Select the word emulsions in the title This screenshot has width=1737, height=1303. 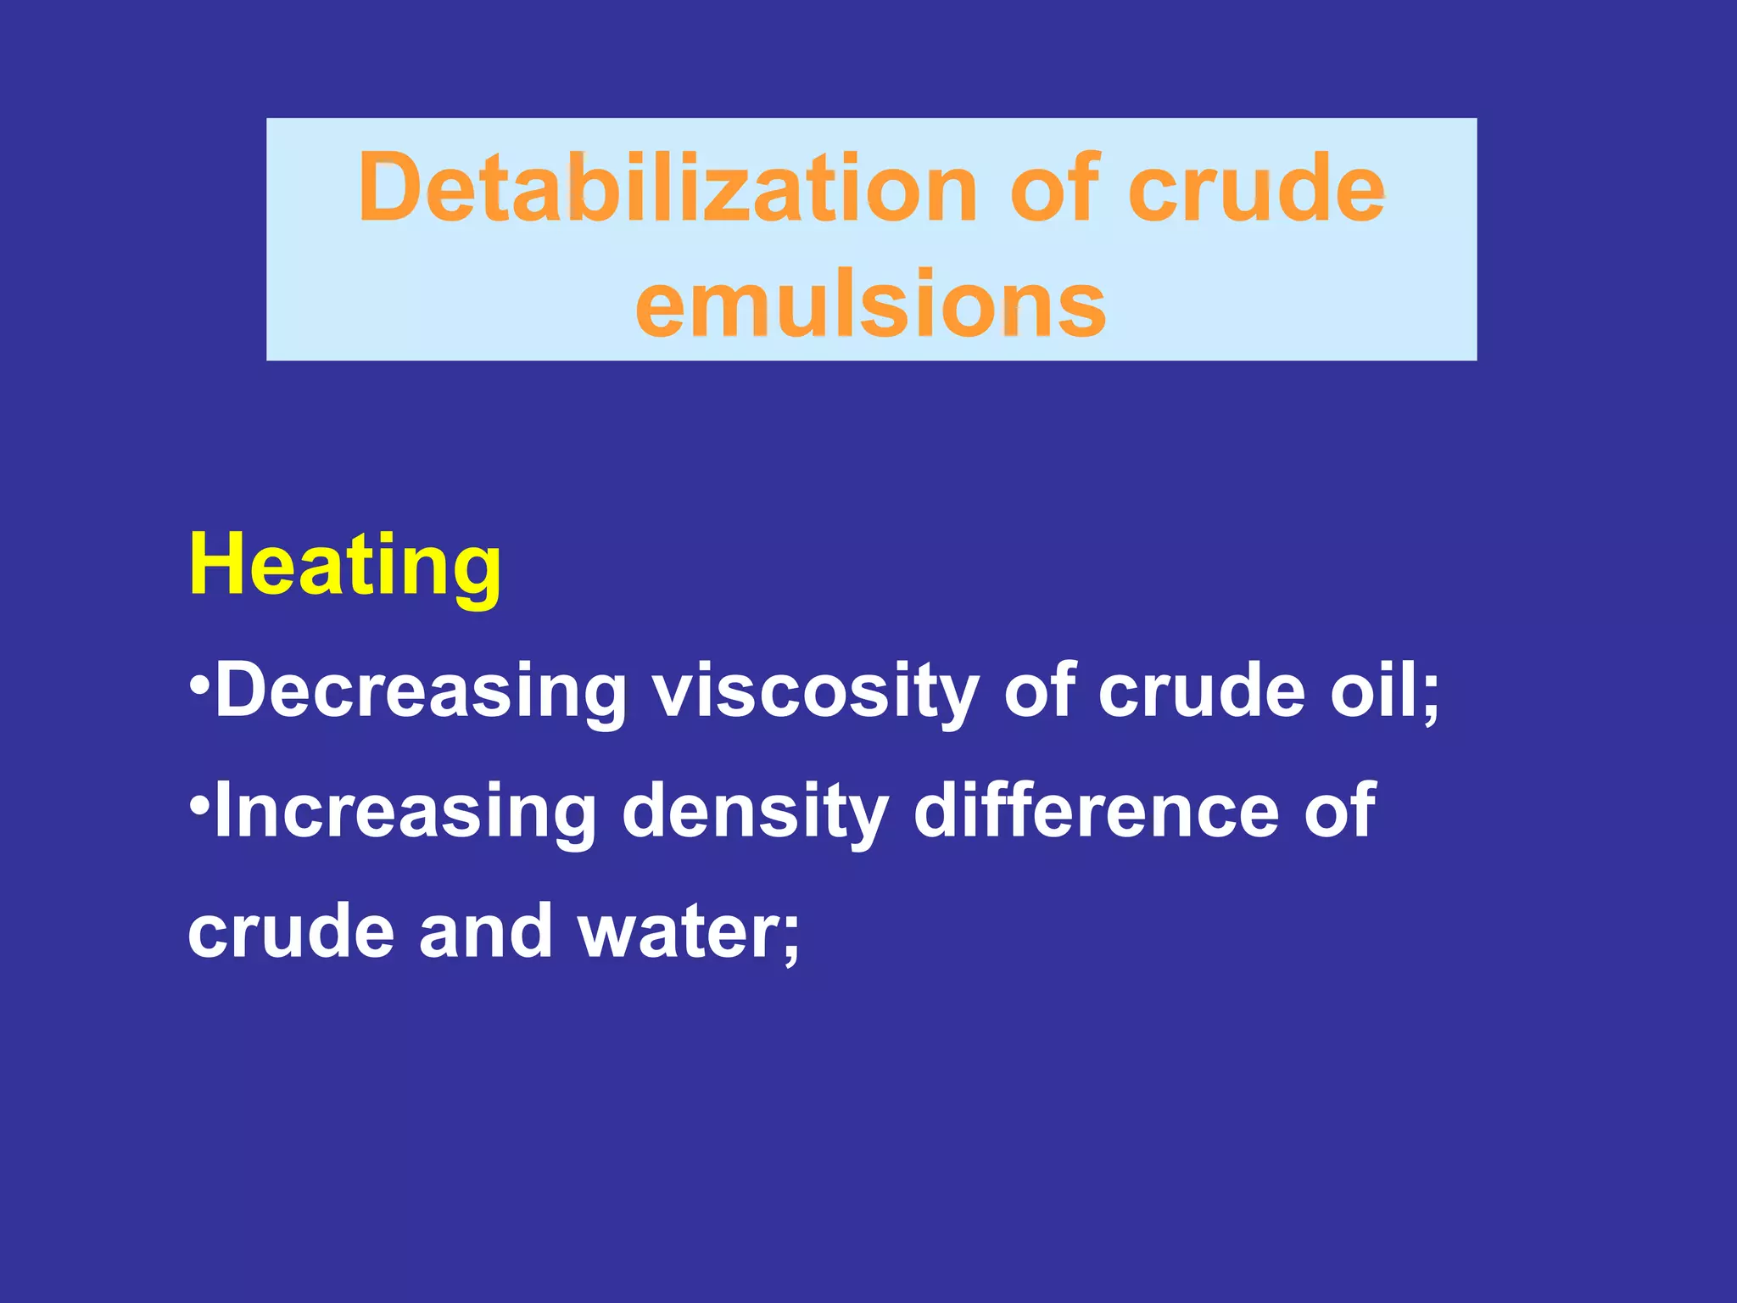(871, 303)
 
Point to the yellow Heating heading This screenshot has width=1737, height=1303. (344, 567)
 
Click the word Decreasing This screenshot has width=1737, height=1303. (421, 691)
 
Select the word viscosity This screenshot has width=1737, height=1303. (815, 691)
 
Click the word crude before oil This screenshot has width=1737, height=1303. (1201, 691)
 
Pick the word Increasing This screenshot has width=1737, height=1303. (405, 812)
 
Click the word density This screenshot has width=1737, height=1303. (755, 812)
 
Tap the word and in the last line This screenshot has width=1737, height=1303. (485, 931)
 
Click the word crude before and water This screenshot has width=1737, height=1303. (291, 931)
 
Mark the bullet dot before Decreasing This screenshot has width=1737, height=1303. (199, 683)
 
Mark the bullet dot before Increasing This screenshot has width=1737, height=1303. (199, 803)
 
